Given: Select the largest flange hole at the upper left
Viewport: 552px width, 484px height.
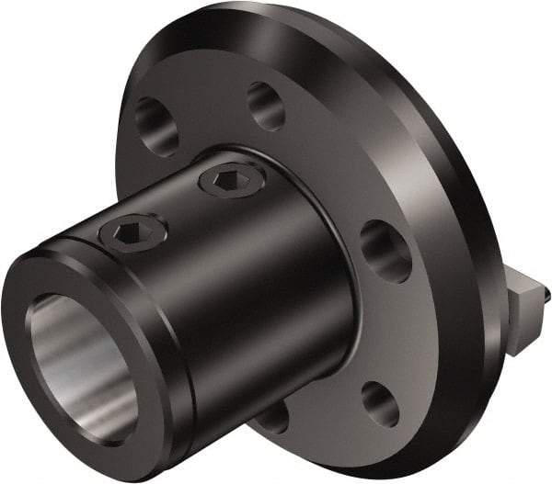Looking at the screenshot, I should coord(155,125).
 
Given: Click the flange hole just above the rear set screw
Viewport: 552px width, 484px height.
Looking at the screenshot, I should coord(265,105).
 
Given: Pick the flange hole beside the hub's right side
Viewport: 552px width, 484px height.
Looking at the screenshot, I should coord(385,250).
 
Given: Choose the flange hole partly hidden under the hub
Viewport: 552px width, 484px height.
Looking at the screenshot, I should coord(273,418).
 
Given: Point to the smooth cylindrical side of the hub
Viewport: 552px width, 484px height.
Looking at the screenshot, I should coord(276,303).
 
